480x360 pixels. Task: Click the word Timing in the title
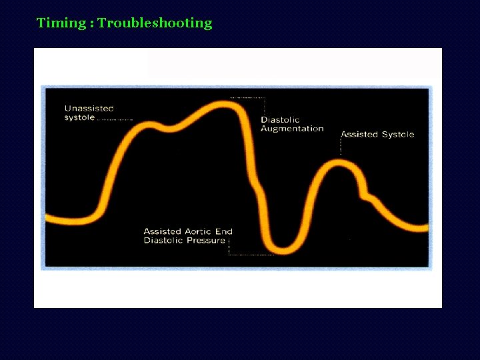(x=61, y=23)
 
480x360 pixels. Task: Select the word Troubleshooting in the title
(x=155, y=23)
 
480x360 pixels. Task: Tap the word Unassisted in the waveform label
(x=89, y=109)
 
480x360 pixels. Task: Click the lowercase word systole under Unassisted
(x=79, y=118)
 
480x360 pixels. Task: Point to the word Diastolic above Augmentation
(x=280, y=120)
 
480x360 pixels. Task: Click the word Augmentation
(x=292, y=129)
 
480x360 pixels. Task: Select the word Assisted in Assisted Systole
(x=359, y=135)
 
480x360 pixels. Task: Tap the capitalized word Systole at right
(x=398, y=135)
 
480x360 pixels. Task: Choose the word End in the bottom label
(x=224, y=232)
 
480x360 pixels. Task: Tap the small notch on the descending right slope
(x=367, y=195)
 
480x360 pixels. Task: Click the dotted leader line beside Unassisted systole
(x=115, y=120)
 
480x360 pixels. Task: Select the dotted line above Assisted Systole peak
(x=341, y=148)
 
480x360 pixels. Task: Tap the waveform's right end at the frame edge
(x=427, y=227)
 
